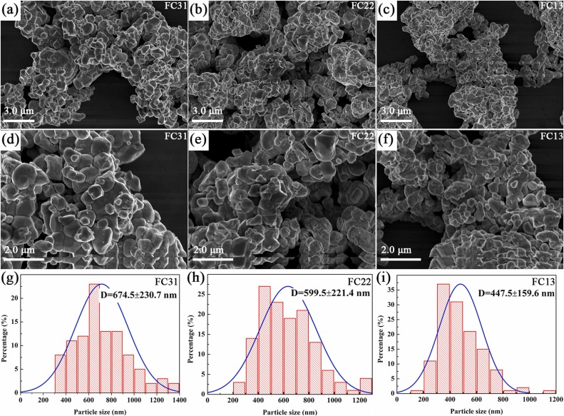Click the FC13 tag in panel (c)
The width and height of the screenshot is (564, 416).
pos(550,9)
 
